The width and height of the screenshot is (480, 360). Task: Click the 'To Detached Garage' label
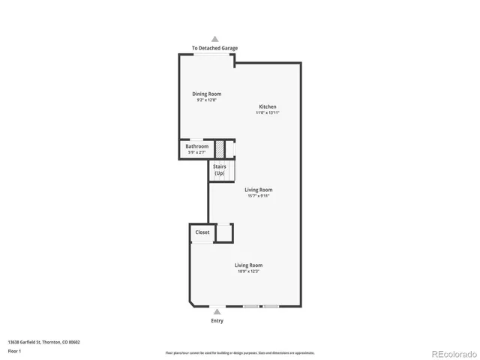pos(214,48)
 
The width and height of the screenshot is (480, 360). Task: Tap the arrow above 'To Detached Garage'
pos(215,38)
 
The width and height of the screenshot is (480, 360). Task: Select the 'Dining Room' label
pos(206,94)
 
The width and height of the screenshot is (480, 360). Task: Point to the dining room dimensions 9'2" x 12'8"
pos(206,100)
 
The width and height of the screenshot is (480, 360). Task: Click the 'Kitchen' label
pos(268,106)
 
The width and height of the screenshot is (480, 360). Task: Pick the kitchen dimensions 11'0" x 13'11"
pos(268,112)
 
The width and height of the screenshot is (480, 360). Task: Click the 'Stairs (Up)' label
pos(220,169)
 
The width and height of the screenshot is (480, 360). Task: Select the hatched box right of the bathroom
pos(220,148)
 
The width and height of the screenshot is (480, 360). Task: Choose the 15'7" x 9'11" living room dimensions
pos(259,196)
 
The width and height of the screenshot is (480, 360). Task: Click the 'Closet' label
pos(202,232)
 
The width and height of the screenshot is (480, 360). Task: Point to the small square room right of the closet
pos(224,233)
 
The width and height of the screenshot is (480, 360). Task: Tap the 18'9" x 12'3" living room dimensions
pos(248,271)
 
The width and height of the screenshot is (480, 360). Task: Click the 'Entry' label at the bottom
pos(216,320)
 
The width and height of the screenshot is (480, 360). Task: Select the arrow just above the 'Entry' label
pos(216,310)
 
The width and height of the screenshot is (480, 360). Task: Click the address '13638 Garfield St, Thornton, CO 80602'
pos(43,342)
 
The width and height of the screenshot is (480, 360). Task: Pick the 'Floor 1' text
pos(14,350)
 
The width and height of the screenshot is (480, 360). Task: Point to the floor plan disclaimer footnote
pos(240,352)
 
